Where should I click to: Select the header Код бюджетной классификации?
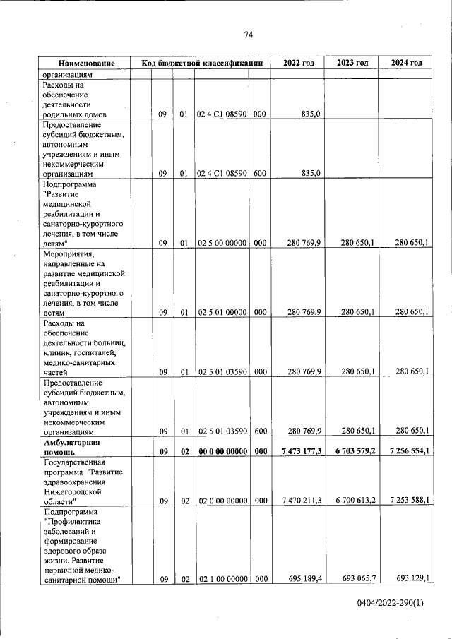click(x=202, y=63)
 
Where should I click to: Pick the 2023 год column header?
click(x=352, y=63)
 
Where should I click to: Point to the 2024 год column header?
click(x=406, y=63)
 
